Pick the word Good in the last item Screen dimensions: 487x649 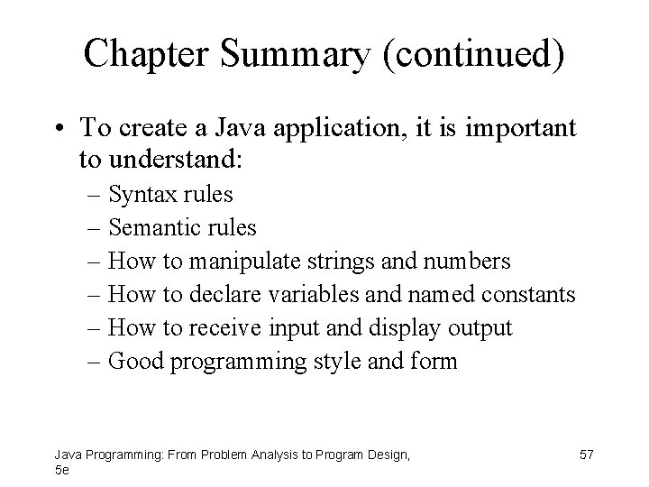pos(130,362)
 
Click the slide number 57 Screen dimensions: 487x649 pos(587,455)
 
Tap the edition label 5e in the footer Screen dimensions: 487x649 pos(61,470)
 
